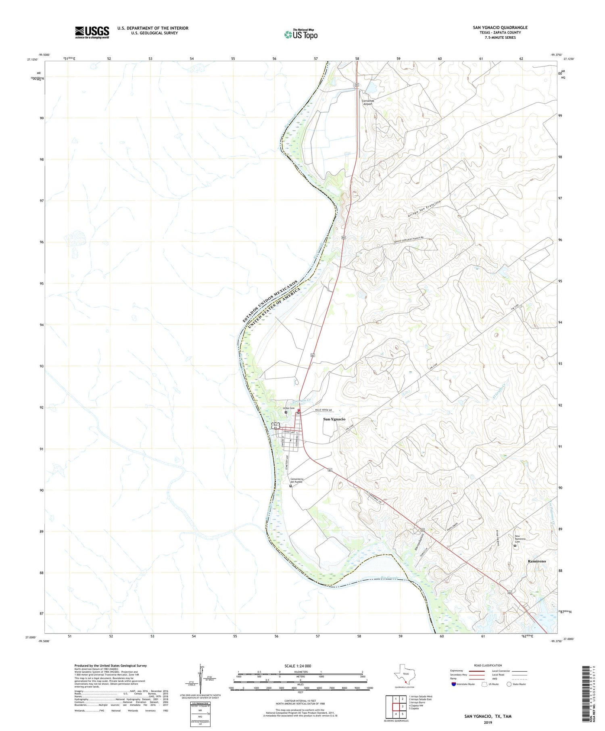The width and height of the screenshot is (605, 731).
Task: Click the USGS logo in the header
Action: tap(92, 32)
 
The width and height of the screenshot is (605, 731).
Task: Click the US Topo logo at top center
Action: tap(300, 35)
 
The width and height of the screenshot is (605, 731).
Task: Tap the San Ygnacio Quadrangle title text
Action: tap(500, 27)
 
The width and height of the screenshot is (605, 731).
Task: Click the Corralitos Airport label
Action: tap(367, 102)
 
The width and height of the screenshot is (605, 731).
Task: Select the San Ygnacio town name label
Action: tap(334, 419)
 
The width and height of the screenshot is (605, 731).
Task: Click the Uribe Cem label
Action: tap(288, 408)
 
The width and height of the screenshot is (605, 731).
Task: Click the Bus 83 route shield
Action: tap(276, 426)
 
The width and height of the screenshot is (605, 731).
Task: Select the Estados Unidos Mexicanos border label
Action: tap(270, 301)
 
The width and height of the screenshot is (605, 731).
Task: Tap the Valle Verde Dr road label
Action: tap(323, 410)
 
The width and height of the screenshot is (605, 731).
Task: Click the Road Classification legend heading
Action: tap(488, 665)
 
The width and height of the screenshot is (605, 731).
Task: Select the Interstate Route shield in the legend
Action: tap(453, 684)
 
